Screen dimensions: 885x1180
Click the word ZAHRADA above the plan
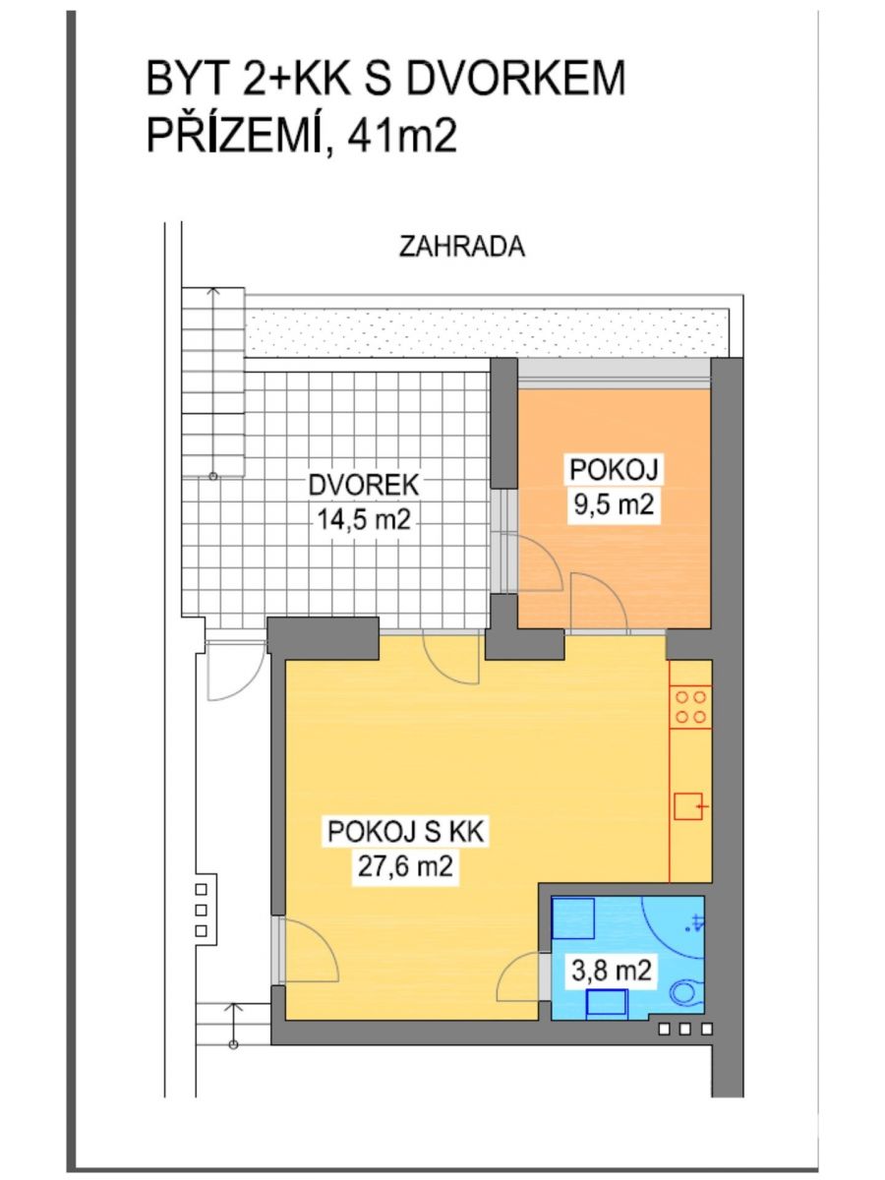[x=461, y=247]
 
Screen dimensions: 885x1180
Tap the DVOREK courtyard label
[x=363, y=485]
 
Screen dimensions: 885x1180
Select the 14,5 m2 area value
[x=364, y=520]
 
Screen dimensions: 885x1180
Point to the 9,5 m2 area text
[x=613, y=504]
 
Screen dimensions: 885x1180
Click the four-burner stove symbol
[x=690, y=707]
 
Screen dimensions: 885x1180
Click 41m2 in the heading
[x=402, y=136]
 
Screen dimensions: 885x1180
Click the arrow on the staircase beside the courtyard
[x=213, y=383]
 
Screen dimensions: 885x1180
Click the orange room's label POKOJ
[x=614, y=470]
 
